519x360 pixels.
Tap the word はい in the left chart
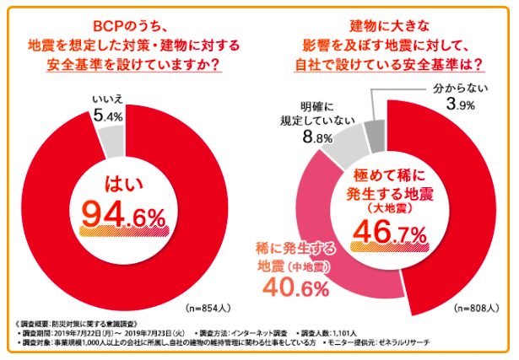tap(122, 185)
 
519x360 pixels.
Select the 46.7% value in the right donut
tap(389, 231)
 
